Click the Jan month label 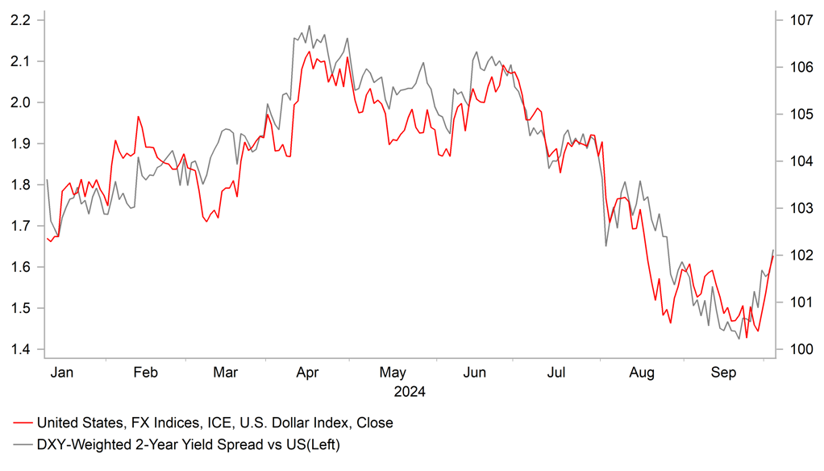point(62,373)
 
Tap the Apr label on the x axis point(308,373)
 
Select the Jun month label point(475,373)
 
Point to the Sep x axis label point(723,373)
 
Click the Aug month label point(641,373)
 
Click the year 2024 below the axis point(409,393)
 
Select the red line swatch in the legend point(23,423)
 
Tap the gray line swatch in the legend point(23,444)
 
